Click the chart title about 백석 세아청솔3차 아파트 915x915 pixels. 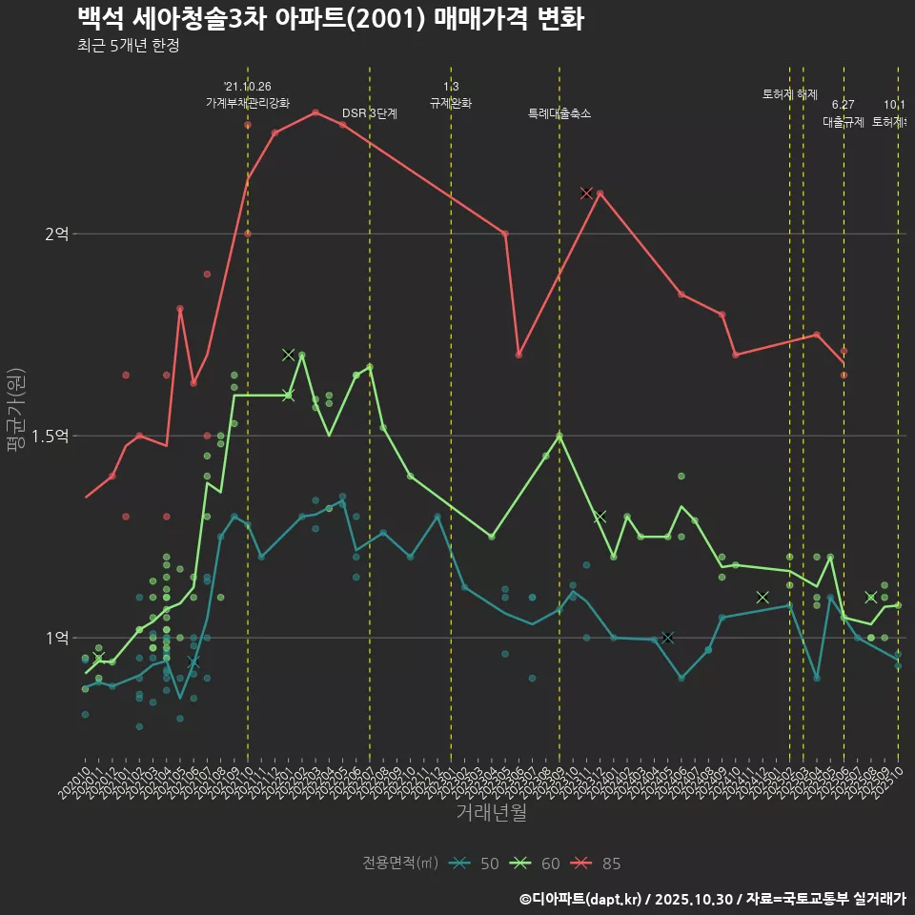tap(330, 18)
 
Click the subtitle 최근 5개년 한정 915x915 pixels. tap(128, 46)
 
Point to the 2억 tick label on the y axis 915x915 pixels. tap(57, 234)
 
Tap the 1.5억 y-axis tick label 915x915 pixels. tap(51, 436)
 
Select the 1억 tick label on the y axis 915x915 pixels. tap(57, 638)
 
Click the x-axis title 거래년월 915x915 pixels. tap(491, 813)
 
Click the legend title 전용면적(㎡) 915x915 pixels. tap(400, 864)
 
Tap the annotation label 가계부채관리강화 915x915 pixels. tap(248, 103)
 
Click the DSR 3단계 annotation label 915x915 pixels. tap(370, 113)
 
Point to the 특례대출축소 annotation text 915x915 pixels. tap(559, 113)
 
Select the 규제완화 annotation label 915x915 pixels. tap(451, 103)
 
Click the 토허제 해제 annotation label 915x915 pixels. tap(790, 94)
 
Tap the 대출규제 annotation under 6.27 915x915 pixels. tap(844, 122)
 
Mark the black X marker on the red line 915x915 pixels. tap(586, 193)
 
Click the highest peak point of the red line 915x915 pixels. tap(315, 112)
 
